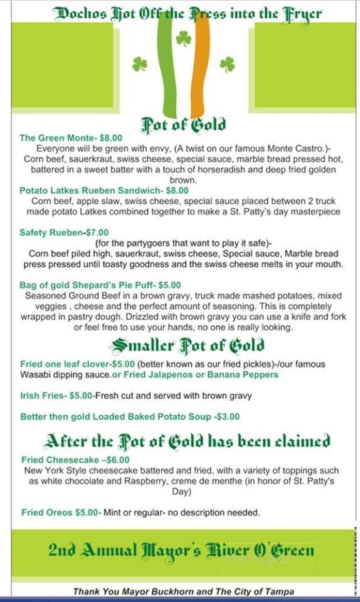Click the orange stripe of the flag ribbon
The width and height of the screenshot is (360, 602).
pyautogui.click(x=199, y=69)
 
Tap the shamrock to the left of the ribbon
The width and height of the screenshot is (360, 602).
pyautogui.click(x=139, y=64)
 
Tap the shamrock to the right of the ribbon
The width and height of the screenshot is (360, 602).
pyautogui.click(x=227, y=64)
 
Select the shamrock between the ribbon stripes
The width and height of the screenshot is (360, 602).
pyautogui.click(x=183, y=39)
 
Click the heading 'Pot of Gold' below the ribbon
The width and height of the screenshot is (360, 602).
pyautogui.click(x=183, y=124)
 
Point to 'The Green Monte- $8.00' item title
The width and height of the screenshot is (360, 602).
pyautogui.click(x=71, y=138)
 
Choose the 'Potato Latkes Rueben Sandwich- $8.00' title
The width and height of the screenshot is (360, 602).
pyautogui.click(x=104, y=190)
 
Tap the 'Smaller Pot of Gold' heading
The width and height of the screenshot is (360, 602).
pyautogui.click(x=187, y=344)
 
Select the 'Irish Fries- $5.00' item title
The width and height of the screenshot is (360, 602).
pyautogui.click(x=57, y=396)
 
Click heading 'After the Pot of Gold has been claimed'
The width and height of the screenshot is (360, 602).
pyautogui.click(x=187, y=441)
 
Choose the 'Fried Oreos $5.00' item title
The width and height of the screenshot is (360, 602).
pyautogui.click(x=61, y=512)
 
